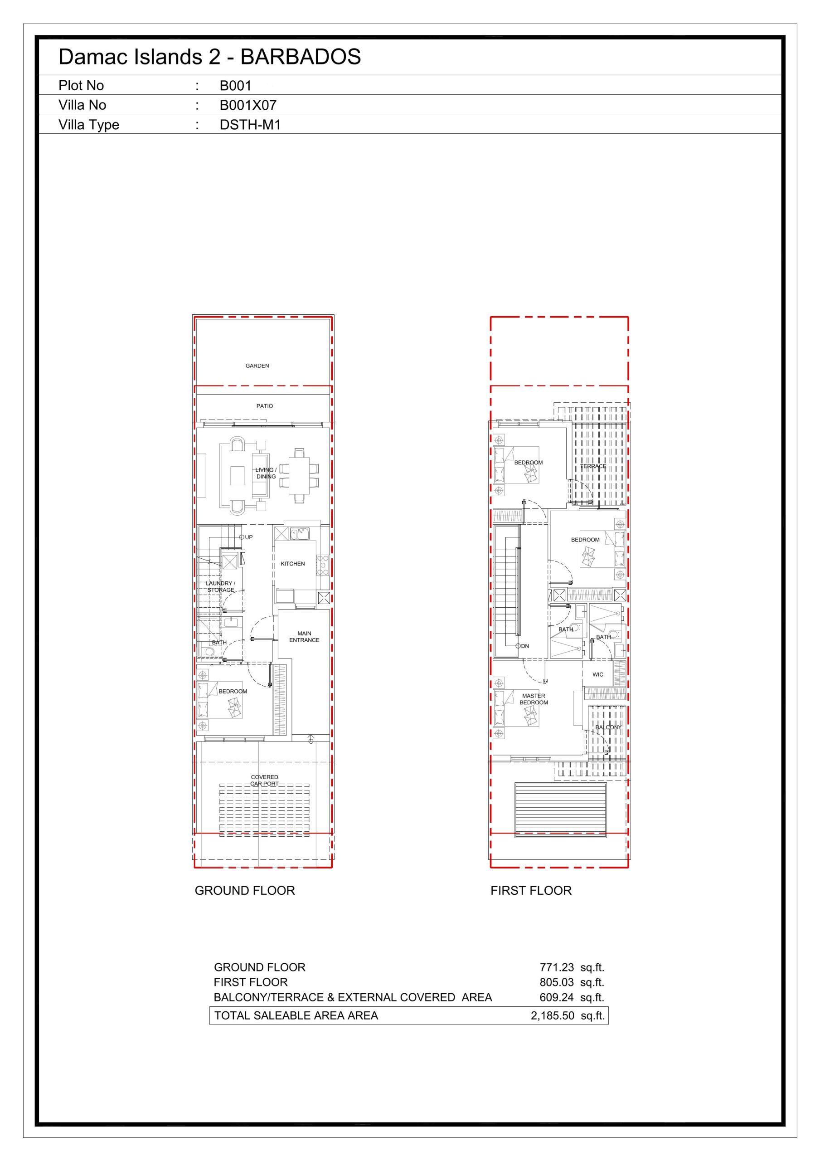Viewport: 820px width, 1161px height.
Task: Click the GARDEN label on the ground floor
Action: click(257, 366)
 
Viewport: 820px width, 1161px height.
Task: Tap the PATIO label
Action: click(264, 406)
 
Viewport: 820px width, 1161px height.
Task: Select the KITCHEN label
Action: click(293, 564)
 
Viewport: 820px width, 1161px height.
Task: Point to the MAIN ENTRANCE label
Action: click(304, 637)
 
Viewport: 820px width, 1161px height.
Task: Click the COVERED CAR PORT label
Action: click(264, 780)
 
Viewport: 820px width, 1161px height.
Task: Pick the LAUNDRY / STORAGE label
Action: click(220, 586)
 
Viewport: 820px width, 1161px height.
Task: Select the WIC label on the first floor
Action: click(597, 674)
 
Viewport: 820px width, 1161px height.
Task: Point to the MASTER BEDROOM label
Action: click(534, 699)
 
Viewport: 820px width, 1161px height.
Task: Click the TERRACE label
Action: click(593, 466)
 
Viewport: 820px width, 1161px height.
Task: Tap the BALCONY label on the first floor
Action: click(608, 727)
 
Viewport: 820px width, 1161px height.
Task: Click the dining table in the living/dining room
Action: click(299, 475)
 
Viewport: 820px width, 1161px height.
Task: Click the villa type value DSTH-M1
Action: click(250, 125)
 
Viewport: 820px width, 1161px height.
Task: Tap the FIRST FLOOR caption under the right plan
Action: click(531, 890)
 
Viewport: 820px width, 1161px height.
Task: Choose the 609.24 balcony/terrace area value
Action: click(557, 997)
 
